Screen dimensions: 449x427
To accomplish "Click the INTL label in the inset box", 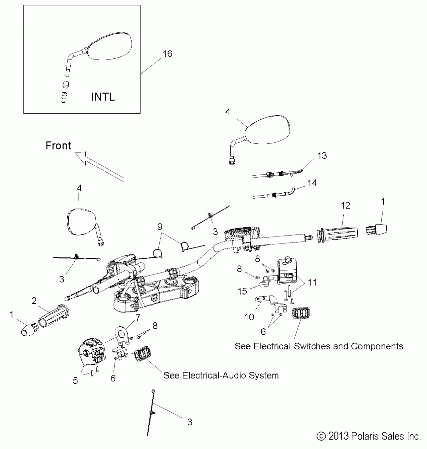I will tap(103, 97).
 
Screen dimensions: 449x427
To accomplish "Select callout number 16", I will tap(168, 54).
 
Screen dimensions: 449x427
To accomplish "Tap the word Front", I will tap(58, 145).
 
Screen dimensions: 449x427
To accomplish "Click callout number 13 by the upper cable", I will tap(322, 156).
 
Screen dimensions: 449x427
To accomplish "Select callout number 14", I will tap(312, 183).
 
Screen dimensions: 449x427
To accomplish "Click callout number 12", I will tap(345, 206).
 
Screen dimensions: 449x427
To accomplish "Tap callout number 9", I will tap(159, 227).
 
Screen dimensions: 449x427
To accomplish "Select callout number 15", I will tap(242, 291).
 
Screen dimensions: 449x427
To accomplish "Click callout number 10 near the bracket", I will tap(249, 317).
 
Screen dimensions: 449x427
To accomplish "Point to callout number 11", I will tap(312, 282).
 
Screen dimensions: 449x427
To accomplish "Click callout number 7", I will tap(138, 318).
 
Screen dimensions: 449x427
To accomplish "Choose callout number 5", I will tap(75, 381).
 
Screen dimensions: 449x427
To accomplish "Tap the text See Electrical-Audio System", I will tap(221, 376).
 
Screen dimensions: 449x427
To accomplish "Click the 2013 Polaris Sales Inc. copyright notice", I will tap(368, 436).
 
